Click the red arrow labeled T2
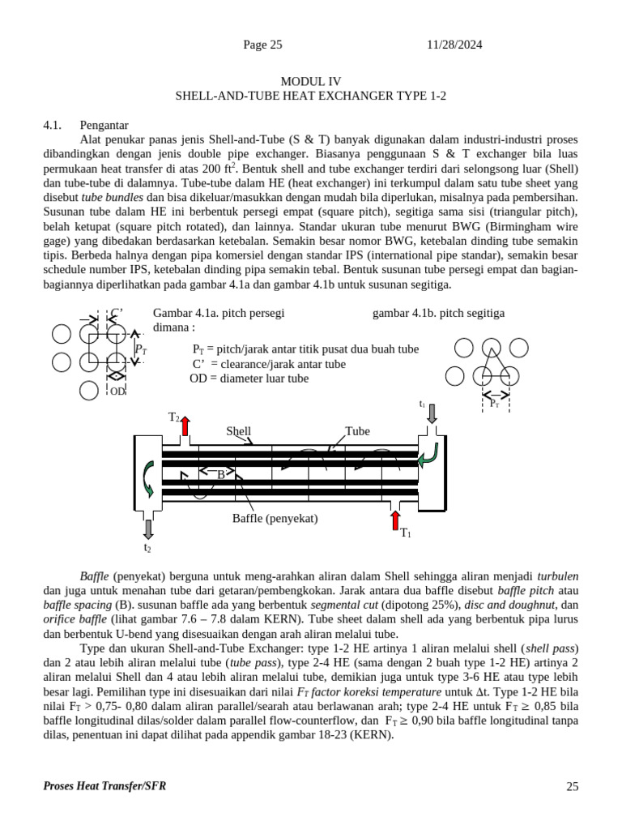[185, 426]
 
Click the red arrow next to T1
[395, 520]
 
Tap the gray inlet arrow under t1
[432, 413]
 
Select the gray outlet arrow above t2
[147, 529]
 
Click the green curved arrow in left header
[147, 478]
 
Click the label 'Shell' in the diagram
[238, 431]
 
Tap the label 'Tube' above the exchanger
[357, 431]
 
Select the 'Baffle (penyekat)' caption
[275, 519]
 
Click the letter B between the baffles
[220, 475]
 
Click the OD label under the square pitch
[118, 391]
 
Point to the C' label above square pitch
[117, 312]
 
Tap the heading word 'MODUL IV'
[311, 81]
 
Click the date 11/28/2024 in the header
[454, 45]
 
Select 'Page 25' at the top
[262, 45]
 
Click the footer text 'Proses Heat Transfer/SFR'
[104, 786]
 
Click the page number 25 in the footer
[572, 786]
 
